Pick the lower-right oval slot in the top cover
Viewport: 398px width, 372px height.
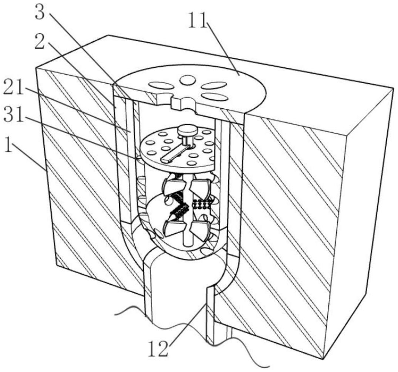(x=215, y=97)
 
